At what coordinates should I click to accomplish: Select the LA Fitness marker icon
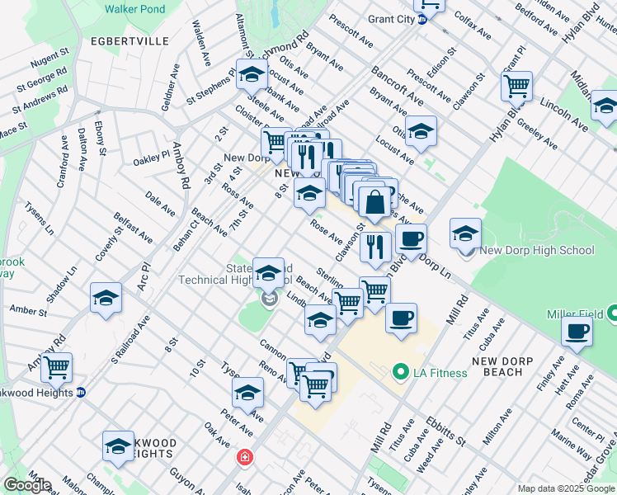402,372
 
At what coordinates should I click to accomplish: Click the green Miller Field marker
612,314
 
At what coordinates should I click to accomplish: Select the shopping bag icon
374,201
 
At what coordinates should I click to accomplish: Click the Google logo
26,485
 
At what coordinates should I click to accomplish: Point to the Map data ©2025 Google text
565,488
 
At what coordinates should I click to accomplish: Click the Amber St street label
27,310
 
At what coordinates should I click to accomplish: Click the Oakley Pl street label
151,155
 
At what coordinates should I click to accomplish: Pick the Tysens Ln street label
39,217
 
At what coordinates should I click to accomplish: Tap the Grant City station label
379,19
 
